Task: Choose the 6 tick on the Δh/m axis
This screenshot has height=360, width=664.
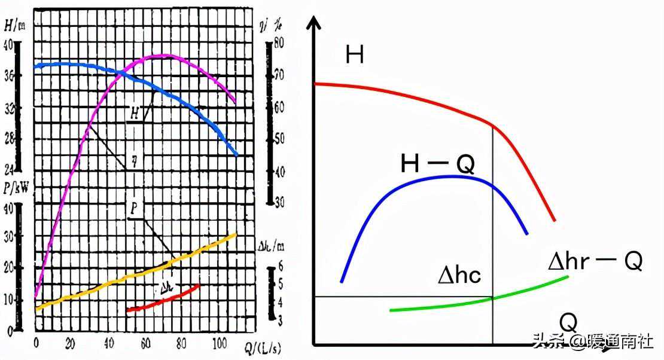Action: (x=279, y=267)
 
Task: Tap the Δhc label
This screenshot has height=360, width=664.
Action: (x=459, y=275)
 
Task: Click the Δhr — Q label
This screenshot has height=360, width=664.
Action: (x=595, y=261)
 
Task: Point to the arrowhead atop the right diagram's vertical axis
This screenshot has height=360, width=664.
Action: (x=313, y=24)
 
